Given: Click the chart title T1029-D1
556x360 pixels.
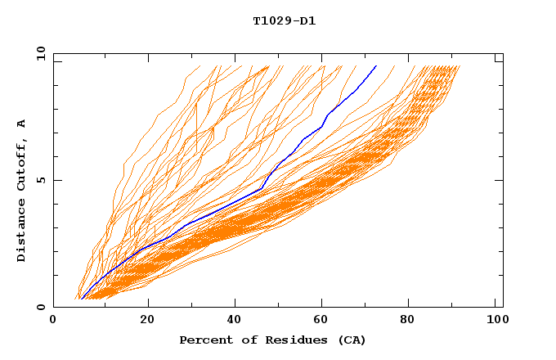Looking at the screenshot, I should pyautogui.click(x=284, y=20).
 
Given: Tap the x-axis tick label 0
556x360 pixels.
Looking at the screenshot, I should pyautogui.click(x=53, y=321).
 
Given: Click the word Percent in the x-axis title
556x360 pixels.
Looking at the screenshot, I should pyautogui.click(x=203, y=340).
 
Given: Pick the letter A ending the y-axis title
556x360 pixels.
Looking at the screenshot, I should pyautogui.click(x=22, y=124).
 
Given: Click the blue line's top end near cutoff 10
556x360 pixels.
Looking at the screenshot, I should pyautogui.click(x=375, y=66).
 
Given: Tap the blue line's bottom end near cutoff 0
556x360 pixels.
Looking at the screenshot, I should pyautogui.click(x=81, y=299).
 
